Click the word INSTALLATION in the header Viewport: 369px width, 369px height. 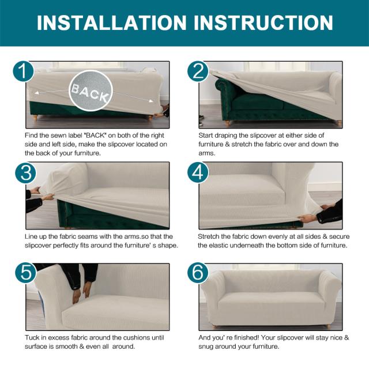pyautogui.click(x=112, y=23)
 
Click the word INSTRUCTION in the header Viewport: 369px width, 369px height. pyautogui.click(x=263, y=23)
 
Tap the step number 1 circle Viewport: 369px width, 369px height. pyautogui.click(x=23, y=71)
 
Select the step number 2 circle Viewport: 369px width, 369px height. pyautogui.click(x=198, y=71)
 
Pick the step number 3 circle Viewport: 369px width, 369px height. pyautogui.click(x=25, y=173)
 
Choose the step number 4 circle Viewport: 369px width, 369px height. pyautogui.click(x=198, y=173)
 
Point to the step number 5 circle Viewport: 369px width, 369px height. pyautogui.click(x=25, y=273)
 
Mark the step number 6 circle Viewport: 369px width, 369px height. pyautogui.click(x=198, y=273)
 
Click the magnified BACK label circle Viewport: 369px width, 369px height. pyautogui.click(x=91, y=91)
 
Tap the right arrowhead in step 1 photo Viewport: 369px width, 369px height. pyautogui.click(x=151, y=101)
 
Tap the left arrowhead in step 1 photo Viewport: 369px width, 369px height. pyautogui.click(x=37, y=93)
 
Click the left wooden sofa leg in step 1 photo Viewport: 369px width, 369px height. pyautogui.click(x=35, y=117)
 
